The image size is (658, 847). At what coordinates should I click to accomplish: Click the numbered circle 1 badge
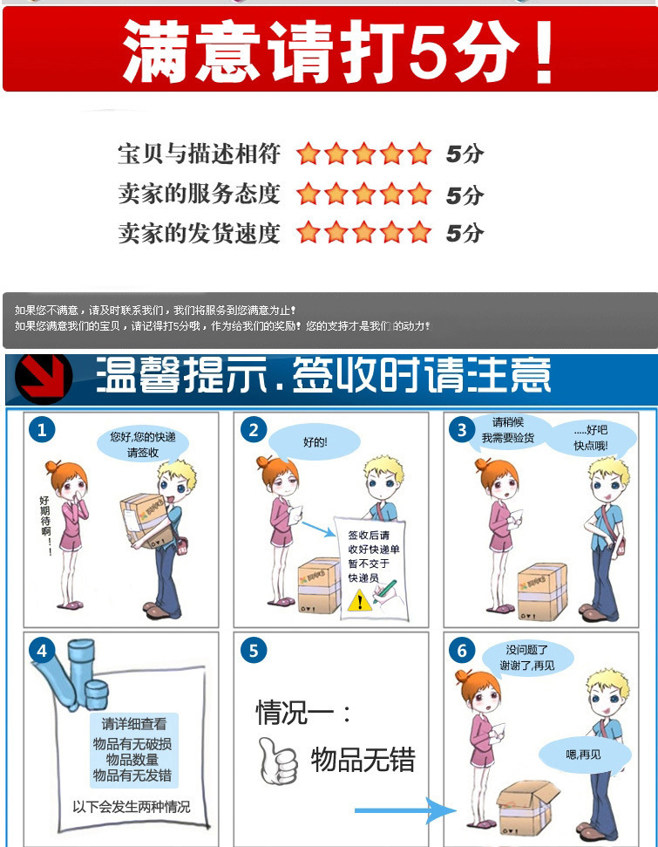pos(42,430)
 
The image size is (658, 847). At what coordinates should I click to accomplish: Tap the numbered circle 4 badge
pos(42,650)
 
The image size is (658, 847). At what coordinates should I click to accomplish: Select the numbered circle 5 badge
pos(254,650)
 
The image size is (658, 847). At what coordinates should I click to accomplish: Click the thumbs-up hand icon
pos(277,761)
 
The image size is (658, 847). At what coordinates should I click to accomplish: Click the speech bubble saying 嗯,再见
pos(585,754)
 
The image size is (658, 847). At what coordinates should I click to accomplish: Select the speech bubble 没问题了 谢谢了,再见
pos(526,658)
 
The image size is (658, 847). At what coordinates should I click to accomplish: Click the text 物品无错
pos(363,760)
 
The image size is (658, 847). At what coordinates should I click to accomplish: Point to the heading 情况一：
pos(303,713)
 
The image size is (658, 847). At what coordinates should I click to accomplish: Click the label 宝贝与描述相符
pos(200,154)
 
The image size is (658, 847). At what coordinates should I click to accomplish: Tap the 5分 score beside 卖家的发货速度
pos(465,234)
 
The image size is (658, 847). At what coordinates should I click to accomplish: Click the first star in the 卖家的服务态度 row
pos(309,194)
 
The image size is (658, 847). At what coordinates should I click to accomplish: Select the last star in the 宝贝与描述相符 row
pos(419,154)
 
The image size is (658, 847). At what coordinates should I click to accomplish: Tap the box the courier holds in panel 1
pos(146,521)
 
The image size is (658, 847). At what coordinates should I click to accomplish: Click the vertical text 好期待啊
pos(45,523)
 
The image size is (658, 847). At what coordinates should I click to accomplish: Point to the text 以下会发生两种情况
pos(132,807)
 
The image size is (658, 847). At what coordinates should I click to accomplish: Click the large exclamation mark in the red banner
pos(544,51)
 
